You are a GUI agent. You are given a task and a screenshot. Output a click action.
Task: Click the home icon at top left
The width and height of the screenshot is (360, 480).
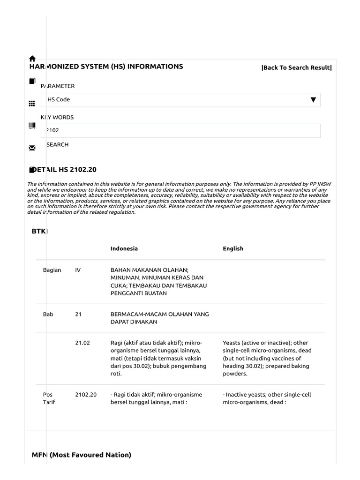[x=32, y=59]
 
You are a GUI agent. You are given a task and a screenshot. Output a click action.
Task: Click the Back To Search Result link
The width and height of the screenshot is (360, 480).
[x=296, y=67]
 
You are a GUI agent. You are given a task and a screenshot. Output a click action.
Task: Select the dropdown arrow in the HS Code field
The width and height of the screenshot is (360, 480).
[x=313, y=100]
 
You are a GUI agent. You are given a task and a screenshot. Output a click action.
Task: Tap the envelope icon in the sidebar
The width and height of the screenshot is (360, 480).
[x=32, y=148]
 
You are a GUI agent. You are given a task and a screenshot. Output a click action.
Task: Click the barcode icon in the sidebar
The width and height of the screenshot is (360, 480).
[x=32, y=126]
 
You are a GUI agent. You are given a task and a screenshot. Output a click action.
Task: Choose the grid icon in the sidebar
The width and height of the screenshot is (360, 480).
[x=32, y=104]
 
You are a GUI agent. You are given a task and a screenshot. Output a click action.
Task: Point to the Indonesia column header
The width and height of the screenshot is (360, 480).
[x=124, y=248]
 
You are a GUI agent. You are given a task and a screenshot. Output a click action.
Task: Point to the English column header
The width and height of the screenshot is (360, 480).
[x=233, y=248]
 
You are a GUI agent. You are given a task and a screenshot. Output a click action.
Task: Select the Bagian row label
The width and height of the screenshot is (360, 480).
[x=52, y=270]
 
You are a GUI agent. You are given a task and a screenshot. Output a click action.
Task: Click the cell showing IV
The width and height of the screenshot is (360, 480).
[x=78, y=270]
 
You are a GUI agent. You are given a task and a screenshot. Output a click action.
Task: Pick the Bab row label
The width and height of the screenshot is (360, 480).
[x=48, y=314]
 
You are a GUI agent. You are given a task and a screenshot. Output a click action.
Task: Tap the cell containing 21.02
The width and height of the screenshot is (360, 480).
[x=82, y=343]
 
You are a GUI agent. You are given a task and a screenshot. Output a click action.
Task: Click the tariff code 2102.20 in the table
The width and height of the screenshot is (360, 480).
[x=86, y=395]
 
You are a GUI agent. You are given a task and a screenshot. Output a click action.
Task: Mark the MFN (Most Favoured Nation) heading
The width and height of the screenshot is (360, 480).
[x=82, y=455]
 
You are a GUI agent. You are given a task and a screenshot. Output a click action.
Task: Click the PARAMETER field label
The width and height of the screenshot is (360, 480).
[x=58, y=86]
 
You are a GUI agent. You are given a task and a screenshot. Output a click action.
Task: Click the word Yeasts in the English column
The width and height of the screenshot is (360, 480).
[x=232, y=343]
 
